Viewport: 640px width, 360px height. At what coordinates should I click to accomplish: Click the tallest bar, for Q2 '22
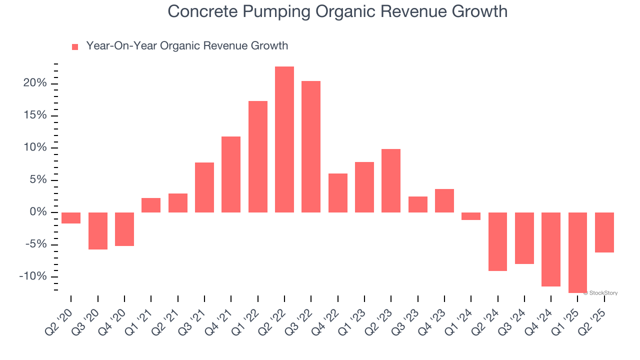tap(284, 139)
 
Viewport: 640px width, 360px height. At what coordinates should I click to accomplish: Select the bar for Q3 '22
tap(311, 146)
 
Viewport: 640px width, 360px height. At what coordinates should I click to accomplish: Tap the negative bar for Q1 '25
tap(577, 252)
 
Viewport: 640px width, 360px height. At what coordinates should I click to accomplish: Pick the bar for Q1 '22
tap(258, 156)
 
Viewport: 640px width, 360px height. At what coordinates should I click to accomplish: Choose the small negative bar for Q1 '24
tap(471, 216)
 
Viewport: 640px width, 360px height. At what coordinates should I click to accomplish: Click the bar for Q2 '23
tap(391, 180)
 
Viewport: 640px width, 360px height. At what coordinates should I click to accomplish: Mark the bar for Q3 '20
tap(98, 230)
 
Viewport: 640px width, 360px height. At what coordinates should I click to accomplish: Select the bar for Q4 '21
tap(231, 174)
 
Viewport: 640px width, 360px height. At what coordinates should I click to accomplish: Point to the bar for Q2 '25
tap(604, 232)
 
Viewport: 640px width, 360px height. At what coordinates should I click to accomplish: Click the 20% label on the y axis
tap(35, 83)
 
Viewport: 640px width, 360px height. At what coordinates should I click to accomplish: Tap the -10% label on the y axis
tap(32, 277)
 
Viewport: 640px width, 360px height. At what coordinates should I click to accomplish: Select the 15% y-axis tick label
tap(35, 115)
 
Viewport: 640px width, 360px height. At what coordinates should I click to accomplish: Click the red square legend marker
tap(75, 47)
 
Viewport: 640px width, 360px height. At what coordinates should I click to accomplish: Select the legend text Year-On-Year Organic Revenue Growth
tap(187, 46)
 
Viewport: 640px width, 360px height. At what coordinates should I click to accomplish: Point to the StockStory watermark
tap(602, 293)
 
